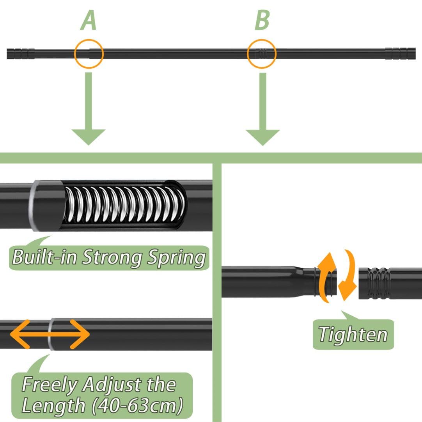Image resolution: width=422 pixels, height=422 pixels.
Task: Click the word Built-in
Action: coord(45,258)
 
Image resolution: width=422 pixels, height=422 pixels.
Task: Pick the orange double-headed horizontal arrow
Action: coord(50,334)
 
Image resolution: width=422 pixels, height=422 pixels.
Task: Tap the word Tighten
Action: coord(353,334)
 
